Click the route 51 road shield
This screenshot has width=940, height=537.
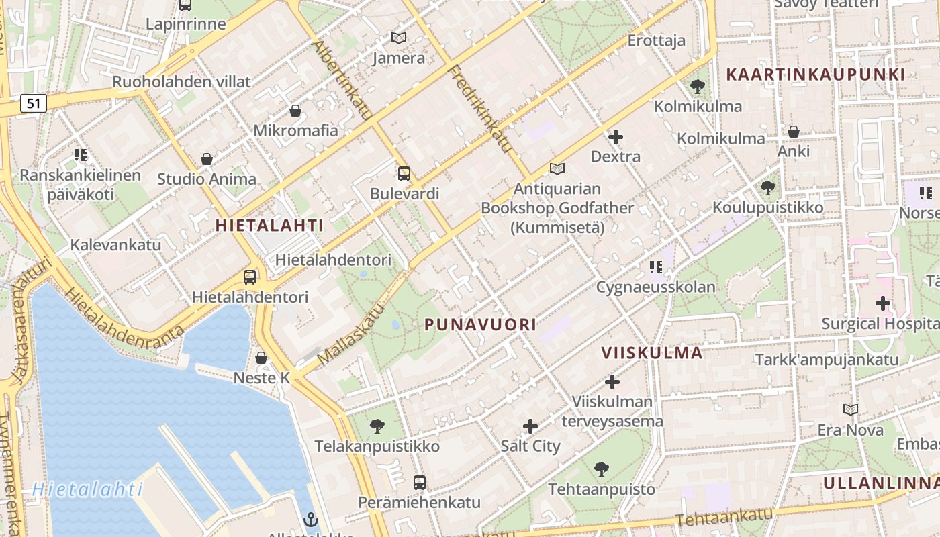tap(34, 103)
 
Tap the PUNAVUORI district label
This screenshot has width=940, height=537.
tap(480, 325)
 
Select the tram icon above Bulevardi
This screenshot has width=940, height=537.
tap(404, 174)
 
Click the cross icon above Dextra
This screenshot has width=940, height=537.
tap(615, 137)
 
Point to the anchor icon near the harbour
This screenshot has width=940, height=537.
tap(310, 519)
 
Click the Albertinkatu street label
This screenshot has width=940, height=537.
tap(342, 80)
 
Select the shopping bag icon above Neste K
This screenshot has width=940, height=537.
tap(261, 358)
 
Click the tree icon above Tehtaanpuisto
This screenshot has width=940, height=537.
tap(602, 469)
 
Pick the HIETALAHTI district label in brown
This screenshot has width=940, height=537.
tap(269, 226)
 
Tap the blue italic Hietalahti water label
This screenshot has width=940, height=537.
tap(88, 489)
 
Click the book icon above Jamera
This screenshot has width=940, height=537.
tap(399, 38)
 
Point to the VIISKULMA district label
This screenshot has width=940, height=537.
tap(651, 353)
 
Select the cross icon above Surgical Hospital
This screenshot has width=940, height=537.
tap(882, 303)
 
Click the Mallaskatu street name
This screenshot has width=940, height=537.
tap(350, 334)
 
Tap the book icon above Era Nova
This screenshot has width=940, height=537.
tap(850, 409)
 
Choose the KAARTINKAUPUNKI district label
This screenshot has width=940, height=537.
tap(816, 75)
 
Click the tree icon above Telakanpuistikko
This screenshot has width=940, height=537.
tap(377, 426)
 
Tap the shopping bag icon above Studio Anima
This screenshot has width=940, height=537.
tap(207, 159)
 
